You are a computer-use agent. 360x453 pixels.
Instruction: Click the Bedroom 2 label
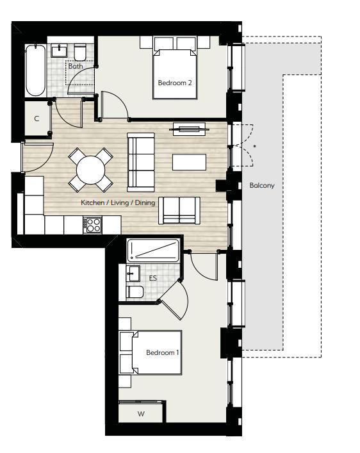pyautogui.click(x=175, y=83)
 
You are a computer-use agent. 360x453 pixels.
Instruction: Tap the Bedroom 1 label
pyautogui.click(x=163, y=352)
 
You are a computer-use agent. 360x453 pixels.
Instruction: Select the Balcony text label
pyautogui.click(x=261, y=185)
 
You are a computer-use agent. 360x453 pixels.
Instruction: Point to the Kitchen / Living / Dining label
pyautogui.click(x=118, y=202)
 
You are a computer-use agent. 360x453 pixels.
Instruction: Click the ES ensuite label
pyautogui.click(x=152, y=278)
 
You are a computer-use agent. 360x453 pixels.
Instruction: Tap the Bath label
pyautogui.click(x=76, y=65)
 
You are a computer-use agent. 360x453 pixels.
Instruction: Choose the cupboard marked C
pyautogui.click(x=37, y=119)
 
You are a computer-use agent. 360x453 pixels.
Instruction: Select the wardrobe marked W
pyautogui.click(x=141, y=414)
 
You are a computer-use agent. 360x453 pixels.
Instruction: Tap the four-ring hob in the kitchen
pyautogui.click(x=94, y=224)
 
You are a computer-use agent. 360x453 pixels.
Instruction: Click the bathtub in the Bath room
pyautogui.click(x=35, y=70)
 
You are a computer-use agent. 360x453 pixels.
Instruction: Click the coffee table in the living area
pyautogui.click(x=189, y=162)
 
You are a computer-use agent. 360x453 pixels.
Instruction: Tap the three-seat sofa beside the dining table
pyautogui.click(x=140, y=161)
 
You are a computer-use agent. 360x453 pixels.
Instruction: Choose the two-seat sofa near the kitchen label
pyautogui.click(x=179, y=210)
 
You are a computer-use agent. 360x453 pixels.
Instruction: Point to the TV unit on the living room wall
pyautogui.click(x=189, y=129)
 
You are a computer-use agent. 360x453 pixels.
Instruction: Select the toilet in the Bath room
pyautogui.click(x=81, y=51)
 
